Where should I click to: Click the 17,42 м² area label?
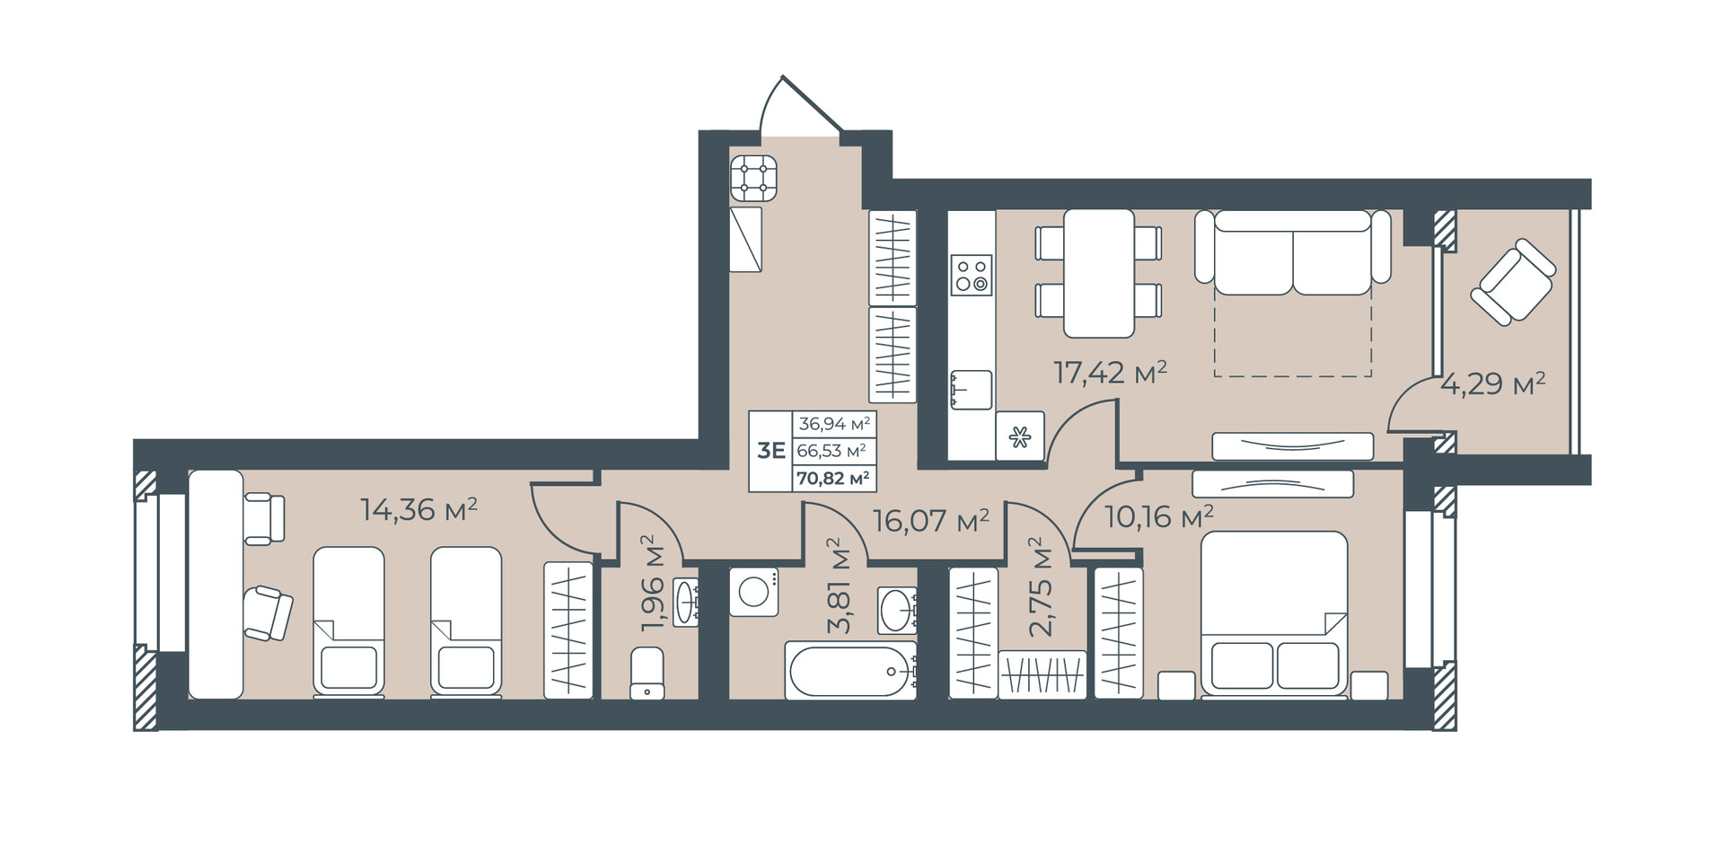click(x=1110, y=372)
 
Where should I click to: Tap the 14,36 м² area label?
click(x=418, y=510)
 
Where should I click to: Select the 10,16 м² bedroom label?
click(x=1159, y=517)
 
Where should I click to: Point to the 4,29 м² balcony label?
click(x=1493, y=384)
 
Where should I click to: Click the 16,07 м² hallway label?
click(x=931, y=521)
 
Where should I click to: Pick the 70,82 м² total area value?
click(x=833, y=479)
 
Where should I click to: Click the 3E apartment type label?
click(x=770, y=451)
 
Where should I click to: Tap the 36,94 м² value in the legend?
click(x=834, y=424)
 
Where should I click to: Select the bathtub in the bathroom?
click(x=850, y=670)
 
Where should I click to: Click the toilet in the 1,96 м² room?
click(x=647, y=674)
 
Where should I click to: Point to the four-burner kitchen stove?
click(x=753, y=178)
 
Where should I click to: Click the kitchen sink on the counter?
click(x=972, y=390)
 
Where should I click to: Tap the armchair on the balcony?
click(x=1513, y=281)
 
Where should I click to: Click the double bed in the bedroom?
click(x=1274, y=614)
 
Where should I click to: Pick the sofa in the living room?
click(x=1293, y=252)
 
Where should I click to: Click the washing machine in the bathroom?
click(x=753, y=592)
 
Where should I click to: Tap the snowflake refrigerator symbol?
click(x=1020, y=436)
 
